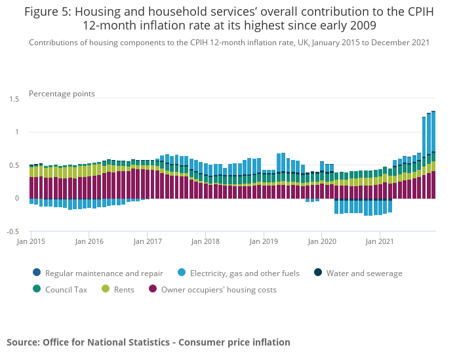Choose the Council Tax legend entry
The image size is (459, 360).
(62, 289)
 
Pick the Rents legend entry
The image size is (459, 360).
(122, 289)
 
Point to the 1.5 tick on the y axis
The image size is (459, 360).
(14, 99)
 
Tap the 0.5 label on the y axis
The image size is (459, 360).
(14, 165)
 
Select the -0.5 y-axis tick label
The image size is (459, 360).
(13, 231)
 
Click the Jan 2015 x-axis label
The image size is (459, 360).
(31, 241)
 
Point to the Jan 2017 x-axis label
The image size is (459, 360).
(148, 241)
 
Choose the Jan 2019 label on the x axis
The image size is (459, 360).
(264, 241)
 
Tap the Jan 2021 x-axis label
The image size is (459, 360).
(380, 241)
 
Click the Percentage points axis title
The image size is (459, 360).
(62, 94)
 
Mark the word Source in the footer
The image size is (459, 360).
(23, 342)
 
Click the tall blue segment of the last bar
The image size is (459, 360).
(433, 132)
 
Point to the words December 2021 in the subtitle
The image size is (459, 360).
(399, 43)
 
